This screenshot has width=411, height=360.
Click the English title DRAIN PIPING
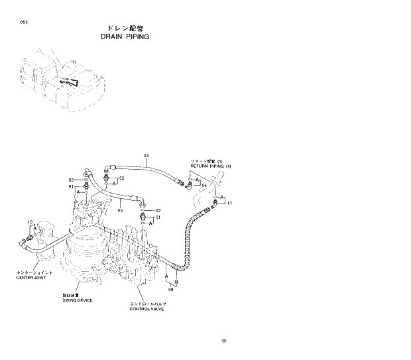click(x=123, y=37)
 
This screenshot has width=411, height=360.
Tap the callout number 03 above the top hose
click(x=146, y=155)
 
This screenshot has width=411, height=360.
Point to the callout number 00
click(x=120, y=211)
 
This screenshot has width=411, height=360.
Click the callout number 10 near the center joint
click(x=30, y=221)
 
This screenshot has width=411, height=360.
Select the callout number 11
click(x=229, y=203)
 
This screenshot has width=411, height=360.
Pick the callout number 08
click(x=170, y=289)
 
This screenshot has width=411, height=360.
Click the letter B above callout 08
click(x=176, y=281)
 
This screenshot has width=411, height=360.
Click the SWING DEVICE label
click(x=78, y=300)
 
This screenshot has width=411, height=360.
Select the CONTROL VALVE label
click(x=147, y=309)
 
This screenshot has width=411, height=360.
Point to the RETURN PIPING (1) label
click(x=210, y=166)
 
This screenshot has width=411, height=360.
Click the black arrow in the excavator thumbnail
click(x=70, y=82)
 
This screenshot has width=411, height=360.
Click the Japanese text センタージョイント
click(x=31, y=272)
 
